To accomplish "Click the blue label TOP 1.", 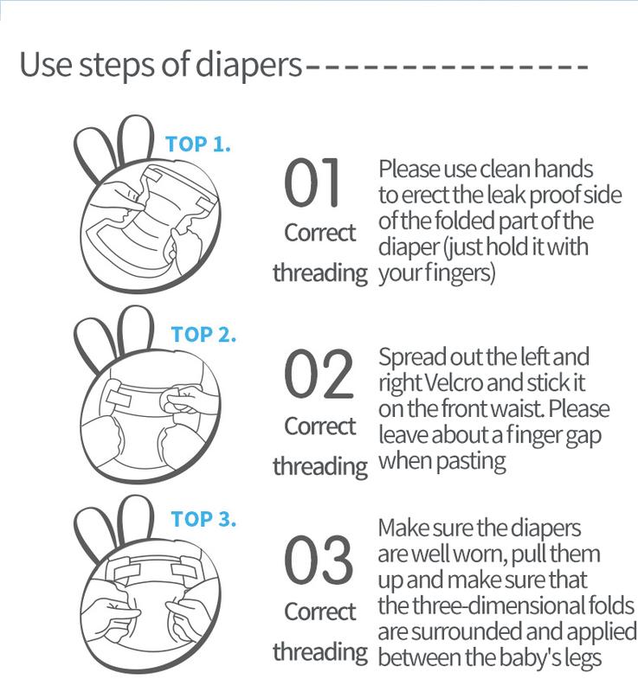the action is (197, 144).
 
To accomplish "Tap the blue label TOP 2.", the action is (203, 334).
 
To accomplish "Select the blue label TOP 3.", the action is (203, 518).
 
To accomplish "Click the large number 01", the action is (313, 183).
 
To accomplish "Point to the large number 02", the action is (319, 374).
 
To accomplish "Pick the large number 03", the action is (319, 559).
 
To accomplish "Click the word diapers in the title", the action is (248, 66).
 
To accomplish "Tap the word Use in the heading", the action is (46, 64).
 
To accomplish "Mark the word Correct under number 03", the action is (320, 612).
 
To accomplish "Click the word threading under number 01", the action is (320, 273).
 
